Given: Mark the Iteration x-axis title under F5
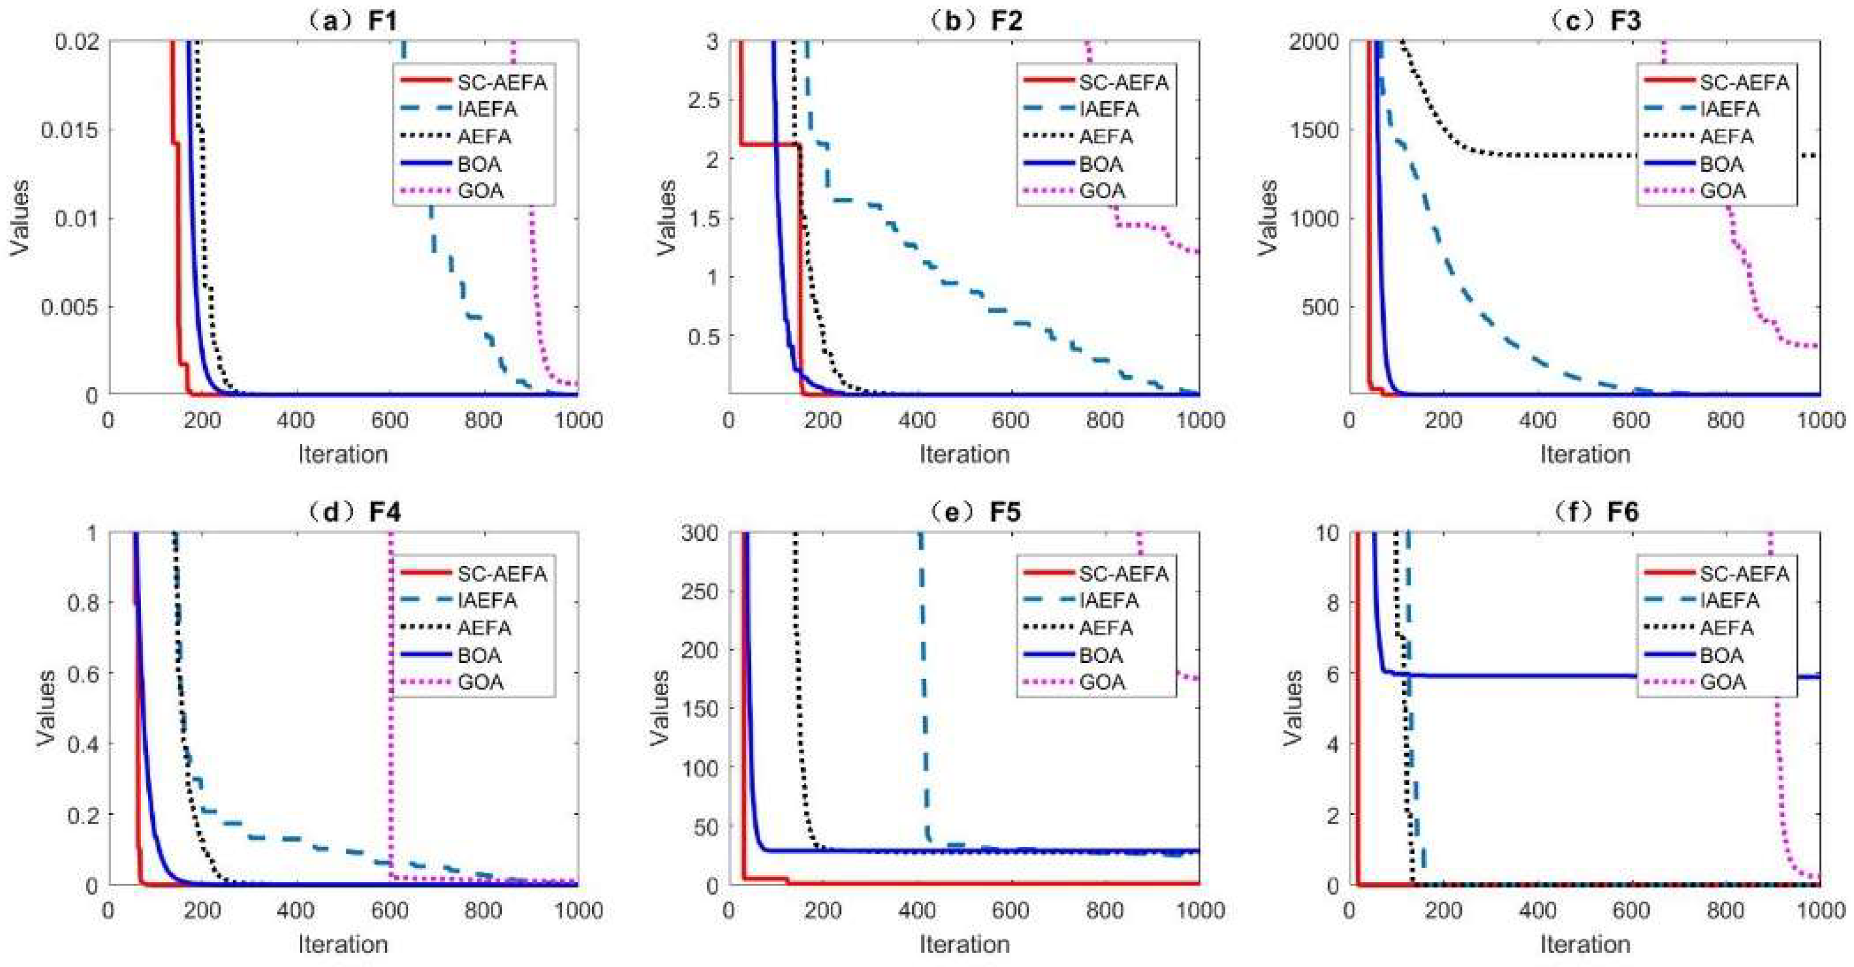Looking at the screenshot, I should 964,944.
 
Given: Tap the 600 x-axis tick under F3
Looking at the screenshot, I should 1631,420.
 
